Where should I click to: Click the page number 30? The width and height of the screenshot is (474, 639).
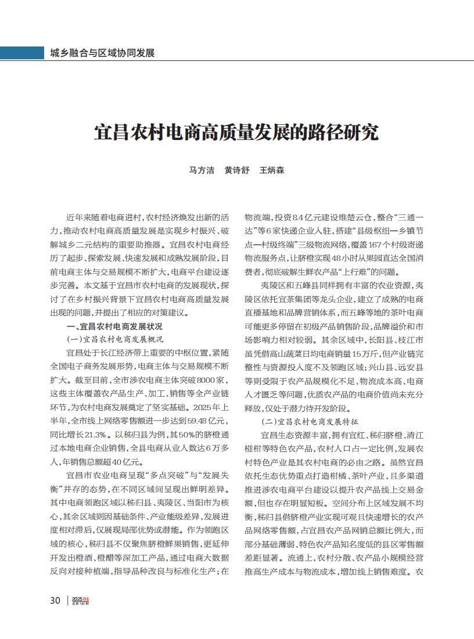click(55, 600)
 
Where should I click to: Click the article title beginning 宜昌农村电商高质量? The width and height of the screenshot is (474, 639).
click(236, 133)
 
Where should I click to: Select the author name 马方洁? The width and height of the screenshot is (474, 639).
click(202, 171)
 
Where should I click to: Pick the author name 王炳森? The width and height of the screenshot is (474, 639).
click(271, 171)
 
